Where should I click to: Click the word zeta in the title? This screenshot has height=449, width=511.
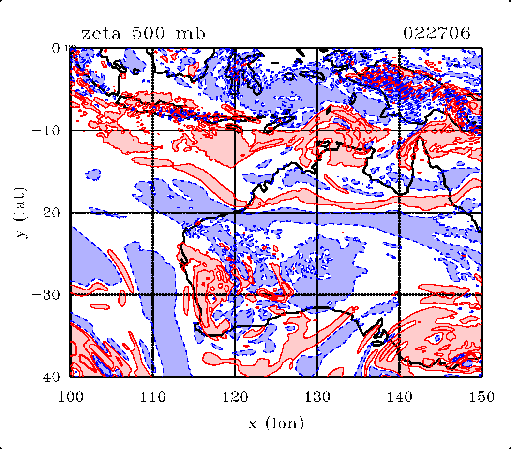click(101, 34)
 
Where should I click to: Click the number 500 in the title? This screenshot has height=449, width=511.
click(148, 33)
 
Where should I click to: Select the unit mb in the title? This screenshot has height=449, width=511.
click(190, 33)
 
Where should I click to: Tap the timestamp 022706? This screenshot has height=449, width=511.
click(436, 33)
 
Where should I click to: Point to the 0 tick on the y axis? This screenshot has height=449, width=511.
click(56, 48)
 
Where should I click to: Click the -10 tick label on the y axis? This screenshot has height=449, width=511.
click(46, 130)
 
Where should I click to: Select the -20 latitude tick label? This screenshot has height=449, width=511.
click(46, 213)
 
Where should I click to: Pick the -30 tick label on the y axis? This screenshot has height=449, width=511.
click(46, 295)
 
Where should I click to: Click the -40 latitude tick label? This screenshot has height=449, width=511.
click(46, 377)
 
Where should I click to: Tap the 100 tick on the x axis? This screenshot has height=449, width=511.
click(71, 397)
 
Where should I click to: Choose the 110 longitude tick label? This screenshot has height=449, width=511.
click(153, 397)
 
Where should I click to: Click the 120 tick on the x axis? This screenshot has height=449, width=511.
click(235, 397)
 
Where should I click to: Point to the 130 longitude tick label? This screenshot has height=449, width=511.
click(317, 397)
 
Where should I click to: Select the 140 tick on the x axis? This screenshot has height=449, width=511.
click(399, 397)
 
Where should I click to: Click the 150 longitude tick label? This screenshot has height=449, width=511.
click(481, 397)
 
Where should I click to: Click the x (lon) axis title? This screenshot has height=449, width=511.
click(276, 423)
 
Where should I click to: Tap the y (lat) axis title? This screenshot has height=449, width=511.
click(20, 213)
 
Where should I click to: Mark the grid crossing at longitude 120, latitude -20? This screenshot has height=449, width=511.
click(235, 213)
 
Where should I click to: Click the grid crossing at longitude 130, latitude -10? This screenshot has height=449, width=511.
click(317, 130)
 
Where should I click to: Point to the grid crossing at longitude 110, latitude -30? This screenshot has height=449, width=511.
click(153, 295)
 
